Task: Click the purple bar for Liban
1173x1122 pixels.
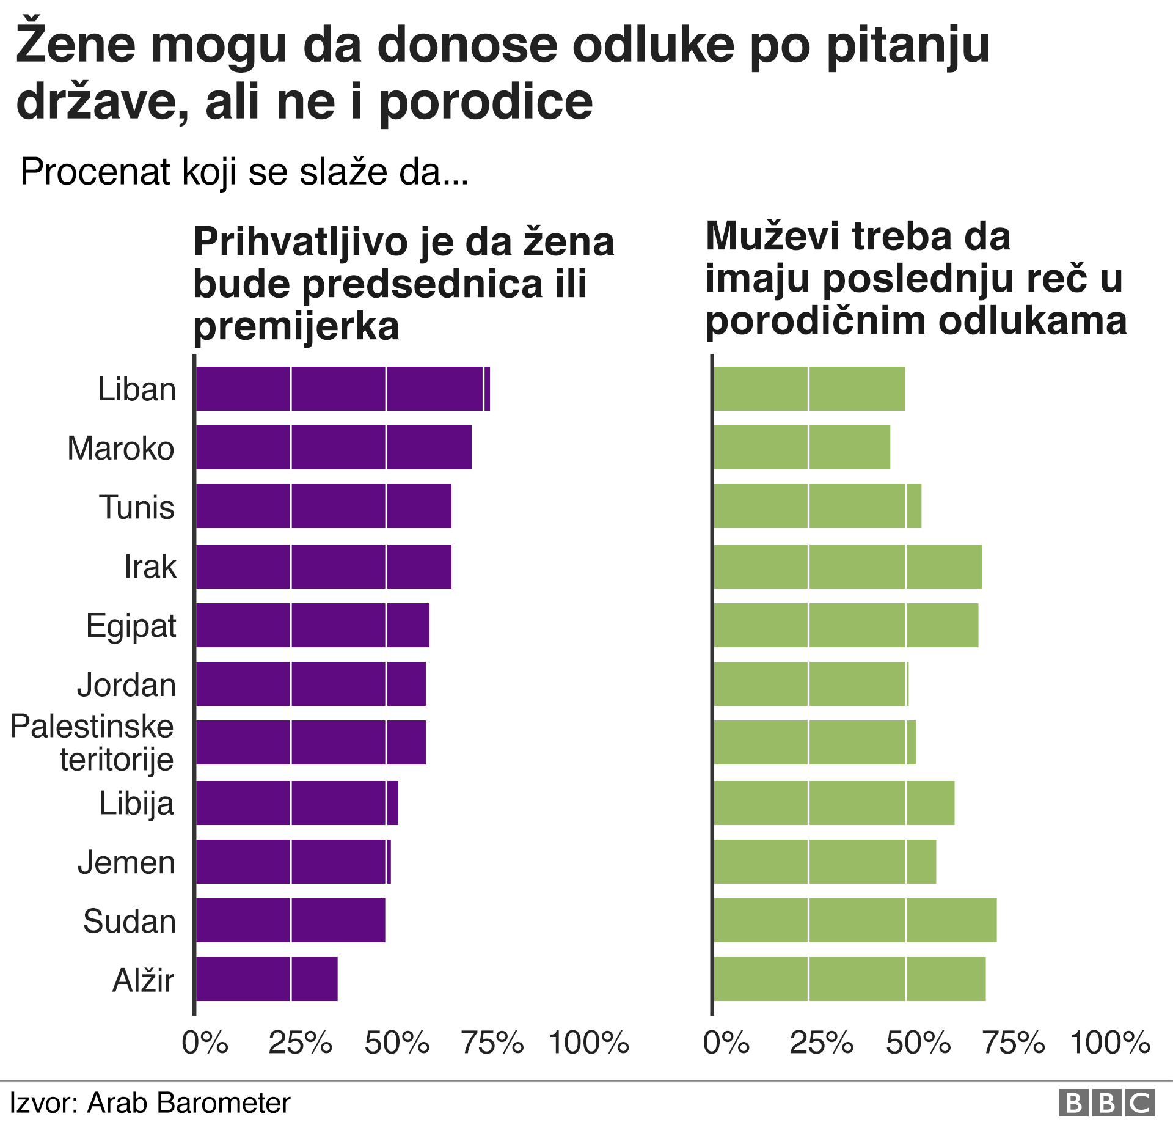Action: tap(342, 389)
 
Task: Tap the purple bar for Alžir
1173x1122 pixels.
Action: tap(266, 979)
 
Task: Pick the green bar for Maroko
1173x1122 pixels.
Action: tap(801, 447)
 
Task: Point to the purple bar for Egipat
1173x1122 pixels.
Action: tap(312, 625)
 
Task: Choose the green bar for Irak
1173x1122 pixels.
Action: tap(847, 566)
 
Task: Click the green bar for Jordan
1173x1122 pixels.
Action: tap(810, 684)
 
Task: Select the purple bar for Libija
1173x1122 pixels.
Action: tap(296, 803)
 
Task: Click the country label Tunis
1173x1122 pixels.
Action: tap(137, 507)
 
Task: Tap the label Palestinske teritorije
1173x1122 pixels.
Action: tap(92, 743)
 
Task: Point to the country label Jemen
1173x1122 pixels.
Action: tap(126, 862)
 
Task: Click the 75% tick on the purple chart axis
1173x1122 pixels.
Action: tap(492, 1043)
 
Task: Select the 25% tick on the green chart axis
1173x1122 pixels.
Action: tap(821, 1043)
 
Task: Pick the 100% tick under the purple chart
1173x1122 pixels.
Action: tap(589, 1043)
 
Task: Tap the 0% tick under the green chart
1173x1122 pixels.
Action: tap(726, 1043)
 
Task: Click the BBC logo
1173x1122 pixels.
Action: tap(1106, 1104)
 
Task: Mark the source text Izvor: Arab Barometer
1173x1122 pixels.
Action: tap(150, 1103)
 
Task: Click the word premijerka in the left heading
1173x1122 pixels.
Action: tap(296, 326)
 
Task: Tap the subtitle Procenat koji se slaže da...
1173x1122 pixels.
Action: tap(244, 172)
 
